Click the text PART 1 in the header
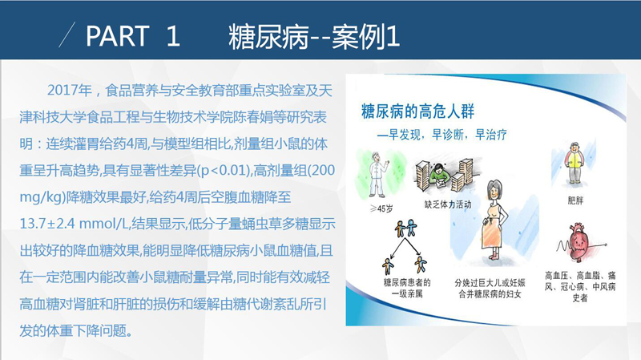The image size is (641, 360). [x=133, y=36]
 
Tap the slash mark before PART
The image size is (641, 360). [x=67, y=34]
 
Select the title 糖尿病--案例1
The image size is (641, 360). [x=313, y=36]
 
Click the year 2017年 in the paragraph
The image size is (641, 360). [x=70, y=90]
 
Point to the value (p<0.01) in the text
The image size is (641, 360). [x=224, y=170]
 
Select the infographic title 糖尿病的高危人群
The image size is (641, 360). [x=417, y=111]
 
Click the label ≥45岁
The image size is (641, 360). [x=381, y=208]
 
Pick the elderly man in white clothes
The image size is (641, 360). [x=377, y=175]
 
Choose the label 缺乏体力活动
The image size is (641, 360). [x=448, y=204]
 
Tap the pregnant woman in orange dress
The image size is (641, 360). [x=494, y=220]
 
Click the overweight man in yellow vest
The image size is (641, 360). [x=574, y=163]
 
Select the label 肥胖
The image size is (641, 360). [x=575, y=200]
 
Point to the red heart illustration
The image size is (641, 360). [x=579, y=242]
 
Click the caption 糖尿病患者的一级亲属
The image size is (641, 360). [x=407, y=288]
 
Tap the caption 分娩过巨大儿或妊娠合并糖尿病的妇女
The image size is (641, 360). [x=490, y=289]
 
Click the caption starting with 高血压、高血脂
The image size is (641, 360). [x=580, y=286]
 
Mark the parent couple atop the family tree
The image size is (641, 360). [x=405, y=229]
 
